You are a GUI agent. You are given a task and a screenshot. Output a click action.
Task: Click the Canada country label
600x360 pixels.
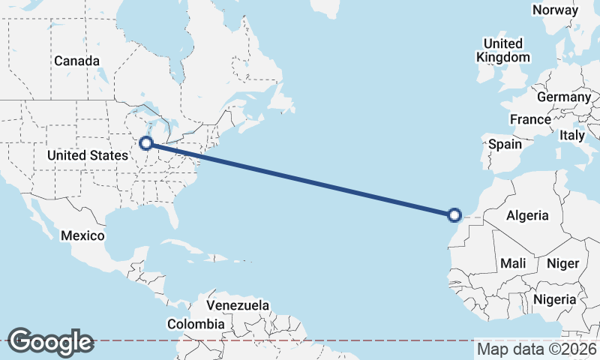pyautogui.click(x=76, y=60)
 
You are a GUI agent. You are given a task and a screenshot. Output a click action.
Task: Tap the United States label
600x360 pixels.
pyautogui.click(x=87, y=155)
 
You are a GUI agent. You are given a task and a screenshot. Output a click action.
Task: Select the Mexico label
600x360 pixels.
pyautogui.click(x=82, y=235)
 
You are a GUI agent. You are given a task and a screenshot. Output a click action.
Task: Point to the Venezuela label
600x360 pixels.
pyautogui.click(x=237, y=306)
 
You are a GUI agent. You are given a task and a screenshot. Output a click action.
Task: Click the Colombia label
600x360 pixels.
pyautogui.click(x=196, y=324)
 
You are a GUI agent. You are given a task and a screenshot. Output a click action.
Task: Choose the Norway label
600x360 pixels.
pyautogui.click(x=555, y=10)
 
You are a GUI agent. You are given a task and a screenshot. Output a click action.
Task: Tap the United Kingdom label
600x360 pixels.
pyautogui.click(x=504, y=50)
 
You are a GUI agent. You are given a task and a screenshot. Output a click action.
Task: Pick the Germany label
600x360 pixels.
pyautogui.click(x=564, y=97)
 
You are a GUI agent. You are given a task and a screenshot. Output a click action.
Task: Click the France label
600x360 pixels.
pyautogui.click(x=530, y=119)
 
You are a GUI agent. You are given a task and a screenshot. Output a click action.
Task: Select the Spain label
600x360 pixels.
pyautogui.click(x=505, y=144)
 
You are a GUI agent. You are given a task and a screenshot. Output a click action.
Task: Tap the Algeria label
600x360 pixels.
pyautogui.click(x=527, y=215)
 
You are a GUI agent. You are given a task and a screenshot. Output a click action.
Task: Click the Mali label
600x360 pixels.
pyautogui.click(x=513, y=263)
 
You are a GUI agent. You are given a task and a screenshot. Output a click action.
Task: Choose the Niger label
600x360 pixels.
pyautogui.click(x=563, y=263)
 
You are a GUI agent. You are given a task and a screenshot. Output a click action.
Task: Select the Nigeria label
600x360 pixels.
pyautogui.click(x=554, y=299)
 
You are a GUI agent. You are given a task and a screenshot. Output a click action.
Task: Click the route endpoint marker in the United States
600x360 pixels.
pyautogui.click(x=147, y=142)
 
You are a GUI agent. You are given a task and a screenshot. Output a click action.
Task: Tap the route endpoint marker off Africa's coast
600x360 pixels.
pyautogui.click(x=454, y=215)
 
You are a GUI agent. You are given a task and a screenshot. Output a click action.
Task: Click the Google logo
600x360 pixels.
pyautogui.click(x=50, y=341)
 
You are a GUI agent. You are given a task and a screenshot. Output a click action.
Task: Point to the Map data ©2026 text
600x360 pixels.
pyautogui.click(x=536, y=349)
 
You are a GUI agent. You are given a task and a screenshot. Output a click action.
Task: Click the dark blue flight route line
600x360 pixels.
pyautogui.click(x=300, y=178)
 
